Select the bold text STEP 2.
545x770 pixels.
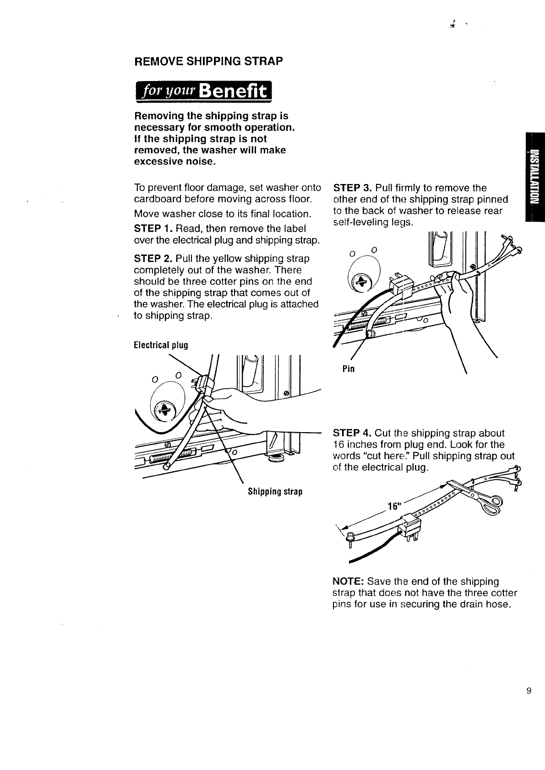click(x=153, y=259)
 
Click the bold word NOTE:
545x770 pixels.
click(x=349, y=581)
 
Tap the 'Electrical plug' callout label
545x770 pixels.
click(x=161, y=345)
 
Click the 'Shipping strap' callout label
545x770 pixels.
click(x=275, y=492)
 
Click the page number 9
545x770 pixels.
click(x=529, y=691)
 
